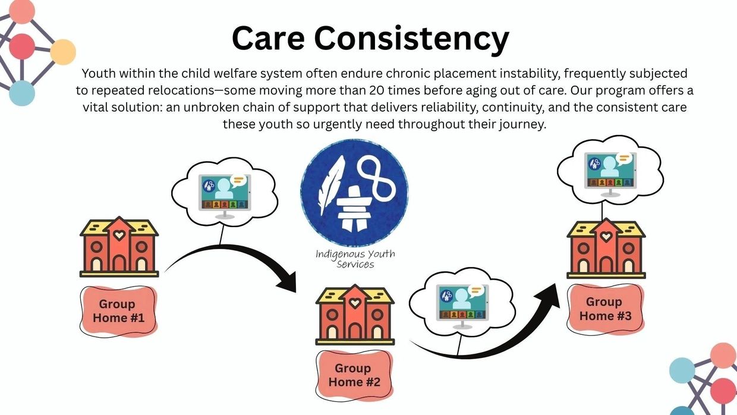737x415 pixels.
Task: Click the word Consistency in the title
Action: (412, 39)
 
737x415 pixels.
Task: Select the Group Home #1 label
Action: (118, 311)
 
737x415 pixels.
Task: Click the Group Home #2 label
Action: (354, 375)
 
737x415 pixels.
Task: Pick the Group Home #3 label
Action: (606, 309)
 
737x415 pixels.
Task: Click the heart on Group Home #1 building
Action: (119, 235)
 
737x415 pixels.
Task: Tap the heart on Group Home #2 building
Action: (355, 303)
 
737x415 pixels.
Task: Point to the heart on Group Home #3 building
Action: (606, 237)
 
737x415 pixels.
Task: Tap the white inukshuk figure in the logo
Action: (354, 208)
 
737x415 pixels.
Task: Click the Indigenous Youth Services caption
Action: (355, 259)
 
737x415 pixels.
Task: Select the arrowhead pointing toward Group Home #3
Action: (549, 295)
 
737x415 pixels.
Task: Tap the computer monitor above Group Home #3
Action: (610, 174)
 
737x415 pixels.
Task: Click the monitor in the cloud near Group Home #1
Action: (225, 196)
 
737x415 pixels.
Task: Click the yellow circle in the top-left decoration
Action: (63, 52)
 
